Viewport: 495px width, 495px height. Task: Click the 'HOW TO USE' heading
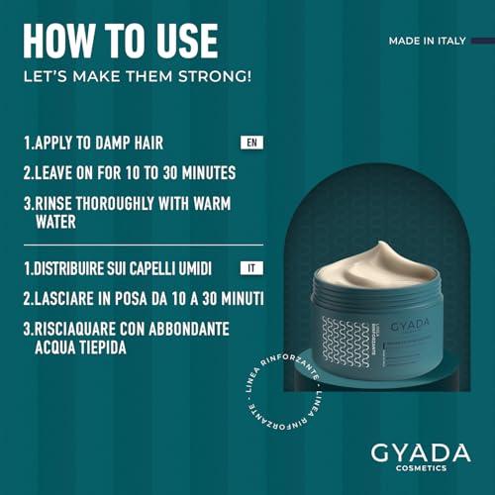click(x=120, y=40)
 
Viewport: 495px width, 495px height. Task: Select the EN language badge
click(x=252, y=143)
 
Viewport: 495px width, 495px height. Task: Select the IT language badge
click(x=252, y=268)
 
